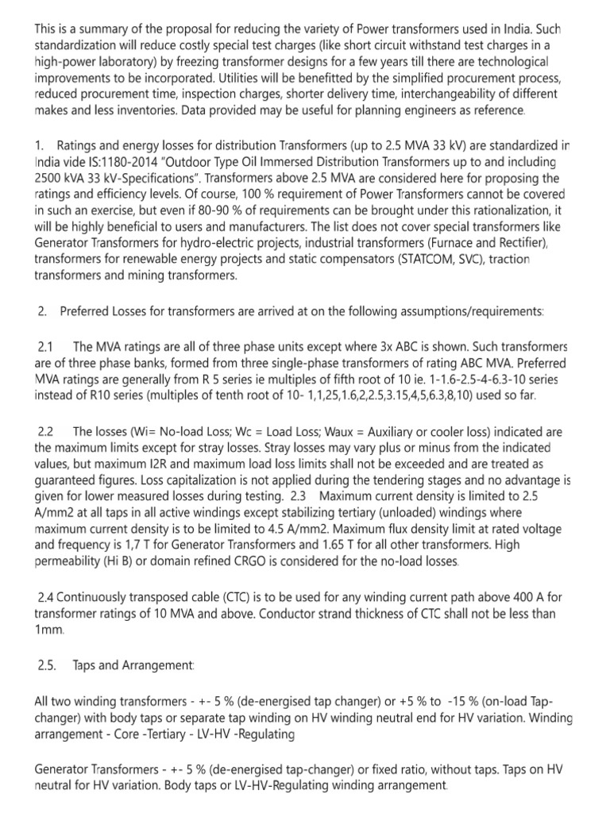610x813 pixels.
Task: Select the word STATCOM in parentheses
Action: point(441,260)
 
